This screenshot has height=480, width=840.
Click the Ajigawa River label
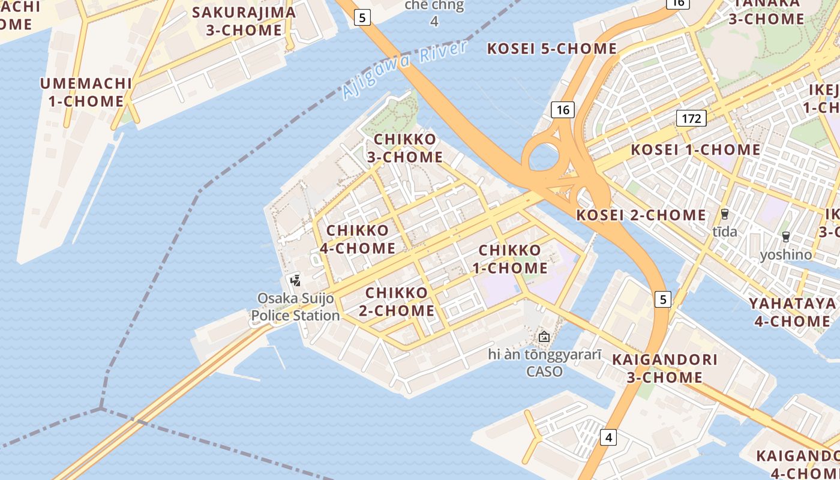click(x=404, y=71)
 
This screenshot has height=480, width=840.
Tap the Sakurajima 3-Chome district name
click(x=244, y=21)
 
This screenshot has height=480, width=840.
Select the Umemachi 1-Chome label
click(x=86, y=92)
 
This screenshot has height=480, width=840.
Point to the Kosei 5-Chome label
click(x=552, y=49)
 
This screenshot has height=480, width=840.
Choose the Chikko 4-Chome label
click(x=358, y=239)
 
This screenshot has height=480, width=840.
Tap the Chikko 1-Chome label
click(x=510, y=259)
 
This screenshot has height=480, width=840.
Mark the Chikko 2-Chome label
click(x=400, y=302)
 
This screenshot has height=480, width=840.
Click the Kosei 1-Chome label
click(x=695, y=149)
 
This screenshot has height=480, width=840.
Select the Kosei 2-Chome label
click(x=641, y=215)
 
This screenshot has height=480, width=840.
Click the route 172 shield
click(x=691, y=118)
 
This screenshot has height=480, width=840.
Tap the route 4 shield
click(x=608, y=437)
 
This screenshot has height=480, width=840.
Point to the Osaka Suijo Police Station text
click(x=295, y=307)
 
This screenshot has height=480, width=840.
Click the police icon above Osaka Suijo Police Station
click(x=295, y=280)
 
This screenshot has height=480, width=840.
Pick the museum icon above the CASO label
click(x=544, y=337)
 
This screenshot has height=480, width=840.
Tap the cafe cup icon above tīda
click(x=725, y=214)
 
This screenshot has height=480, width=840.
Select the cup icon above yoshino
click(x=786, y=237)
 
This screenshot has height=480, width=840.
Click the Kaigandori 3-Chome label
click(x=665, y=368)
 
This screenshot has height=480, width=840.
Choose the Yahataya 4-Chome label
click(x=792, y=312)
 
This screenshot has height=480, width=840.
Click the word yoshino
click(x=786, y=255)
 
